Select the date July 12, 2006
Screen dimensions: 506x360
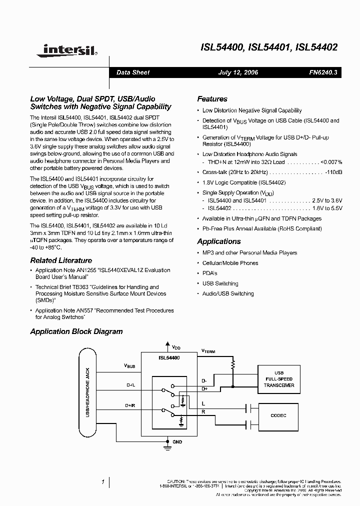[238, 72]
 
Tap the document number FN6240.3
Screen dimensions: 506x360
[323, 72]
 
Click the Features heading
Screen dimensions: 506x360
[212, 99]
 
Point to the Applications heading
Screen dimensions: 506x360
[219, 241]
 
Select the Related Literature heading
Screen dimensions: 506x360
[61, 260]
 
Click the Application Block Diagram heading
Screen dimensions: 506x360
[76, 331]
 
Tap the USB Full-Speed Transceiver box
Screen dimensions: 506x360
[279, 379]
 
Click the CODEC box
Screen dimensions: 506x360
[279, 415]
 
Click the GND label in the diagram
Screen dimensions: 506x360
[177, 442]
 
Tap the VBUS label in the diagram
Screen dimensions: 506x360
[129, 366]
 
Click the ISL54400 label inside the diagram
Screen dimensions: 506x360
[169, 358]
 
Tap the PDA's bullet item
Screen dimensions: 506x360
[209, 273]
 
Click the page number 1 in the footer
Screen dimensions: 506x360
[102, 482]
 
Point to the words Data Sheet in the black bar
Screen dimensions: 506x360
[133, 72]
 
